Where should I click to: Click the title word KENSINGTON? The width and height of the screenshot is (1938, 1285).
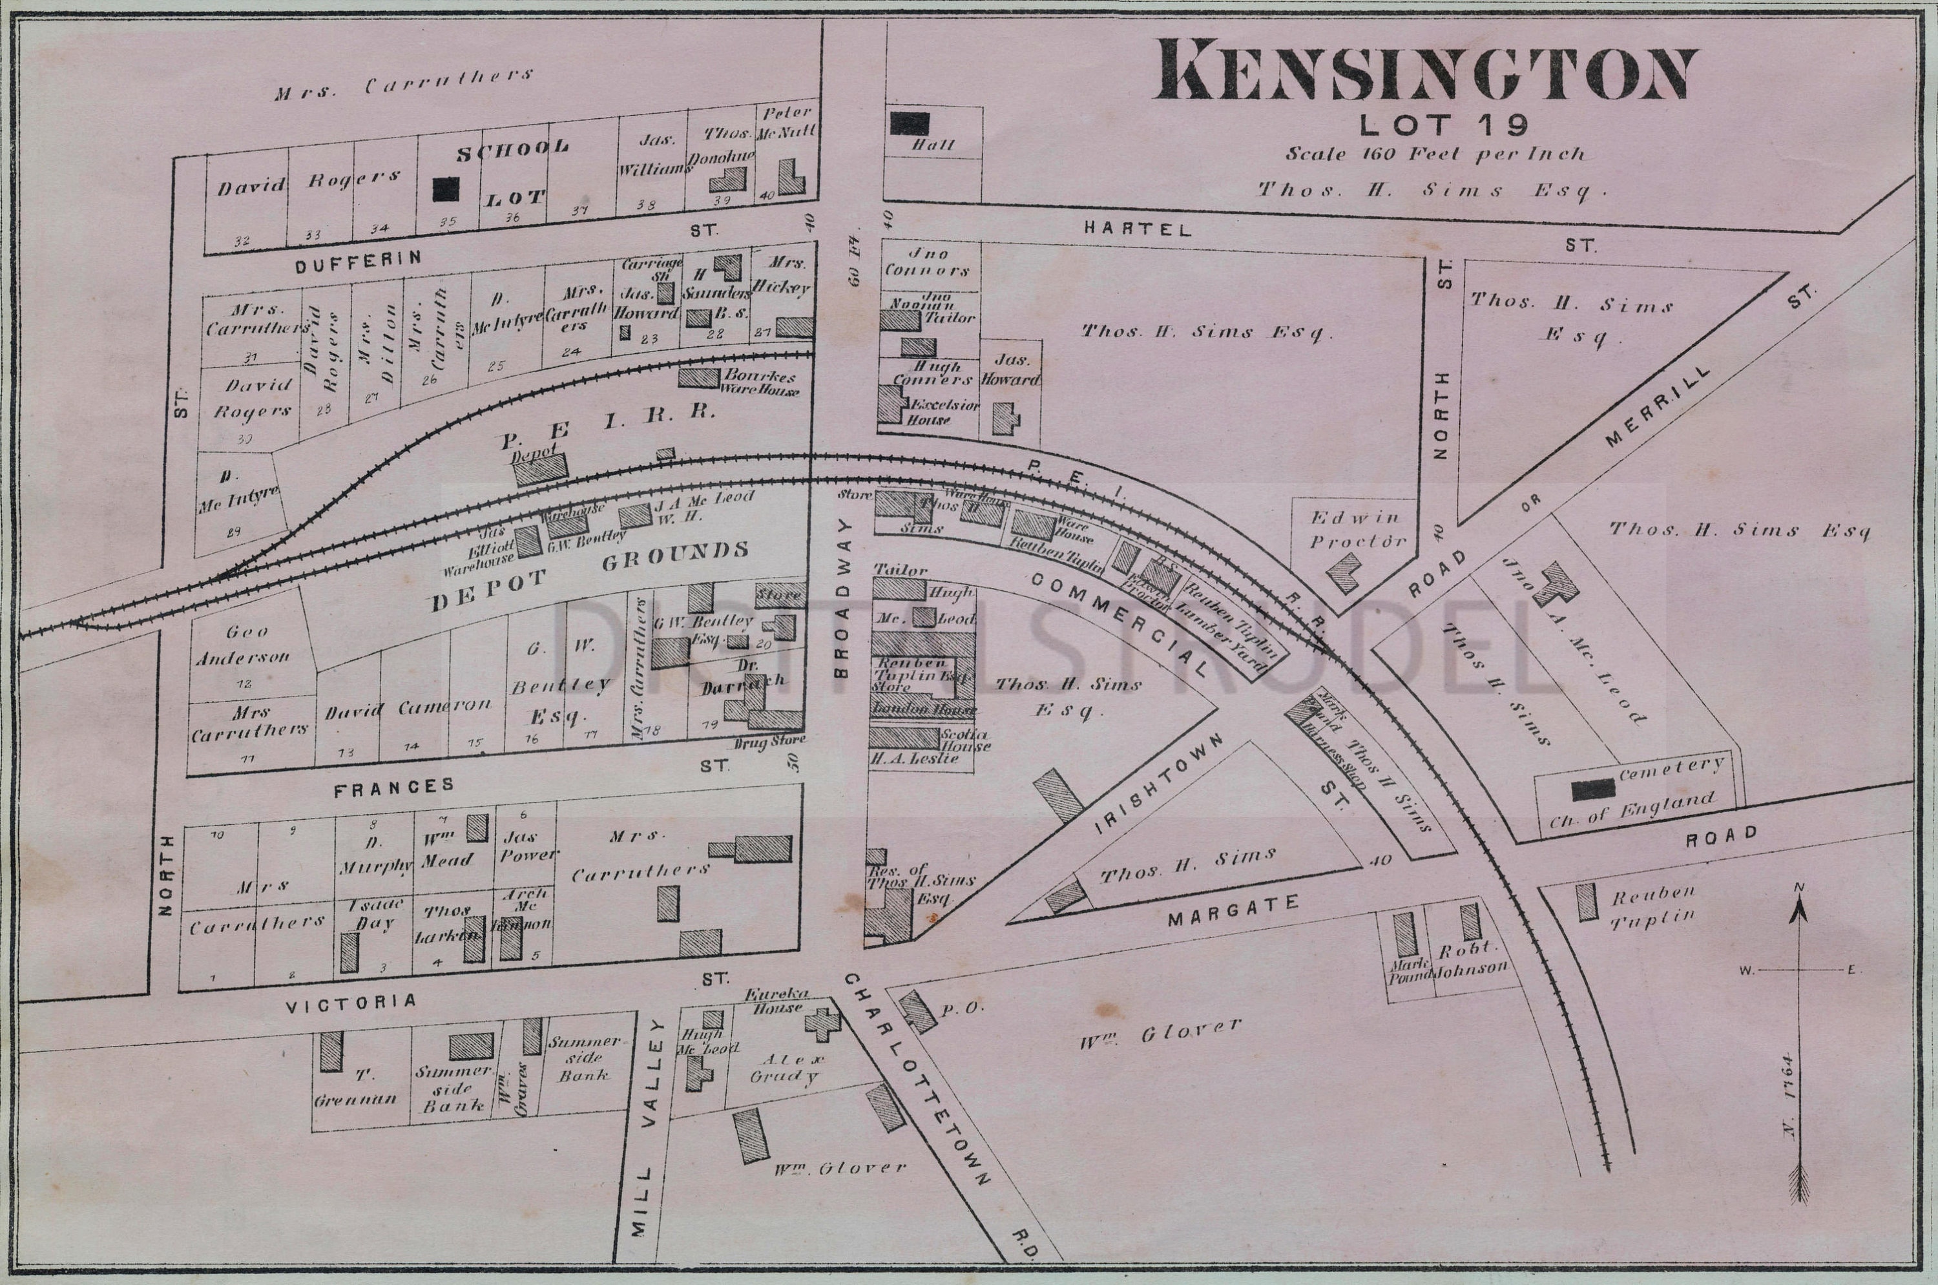point(1424,76)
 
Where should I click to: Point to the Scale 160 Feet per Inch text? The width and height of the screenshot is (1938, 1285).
point(1434,154)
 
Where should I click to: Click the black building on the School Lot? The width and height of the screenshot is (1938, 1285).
point(446,189)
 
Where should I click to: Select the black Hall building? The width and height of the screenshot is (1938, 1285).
point(910,124)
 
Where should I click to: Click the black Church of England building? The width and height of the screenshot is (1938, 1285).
point(1593,789)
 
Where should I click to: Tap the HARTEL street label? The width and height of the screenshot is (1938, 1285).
point(1138,229)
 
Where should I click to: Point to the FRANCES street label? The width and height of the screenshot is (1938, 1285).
point(394,786)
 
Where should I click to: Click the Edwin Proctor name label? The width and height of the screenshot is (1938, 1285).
point(1358,529)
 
